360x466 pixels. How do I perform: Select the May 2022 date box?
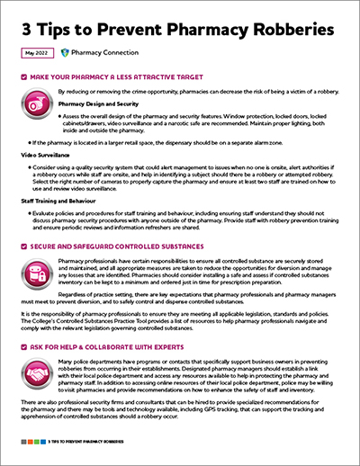coord(35,54)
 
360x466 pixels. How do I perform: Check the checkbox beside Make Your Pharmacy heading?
coord(23,78)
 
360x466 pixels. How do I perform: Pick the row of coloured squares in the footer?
coord(31,443)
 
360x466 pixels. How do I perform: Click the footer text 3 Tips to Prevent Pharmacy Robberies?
coord(85,443)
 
